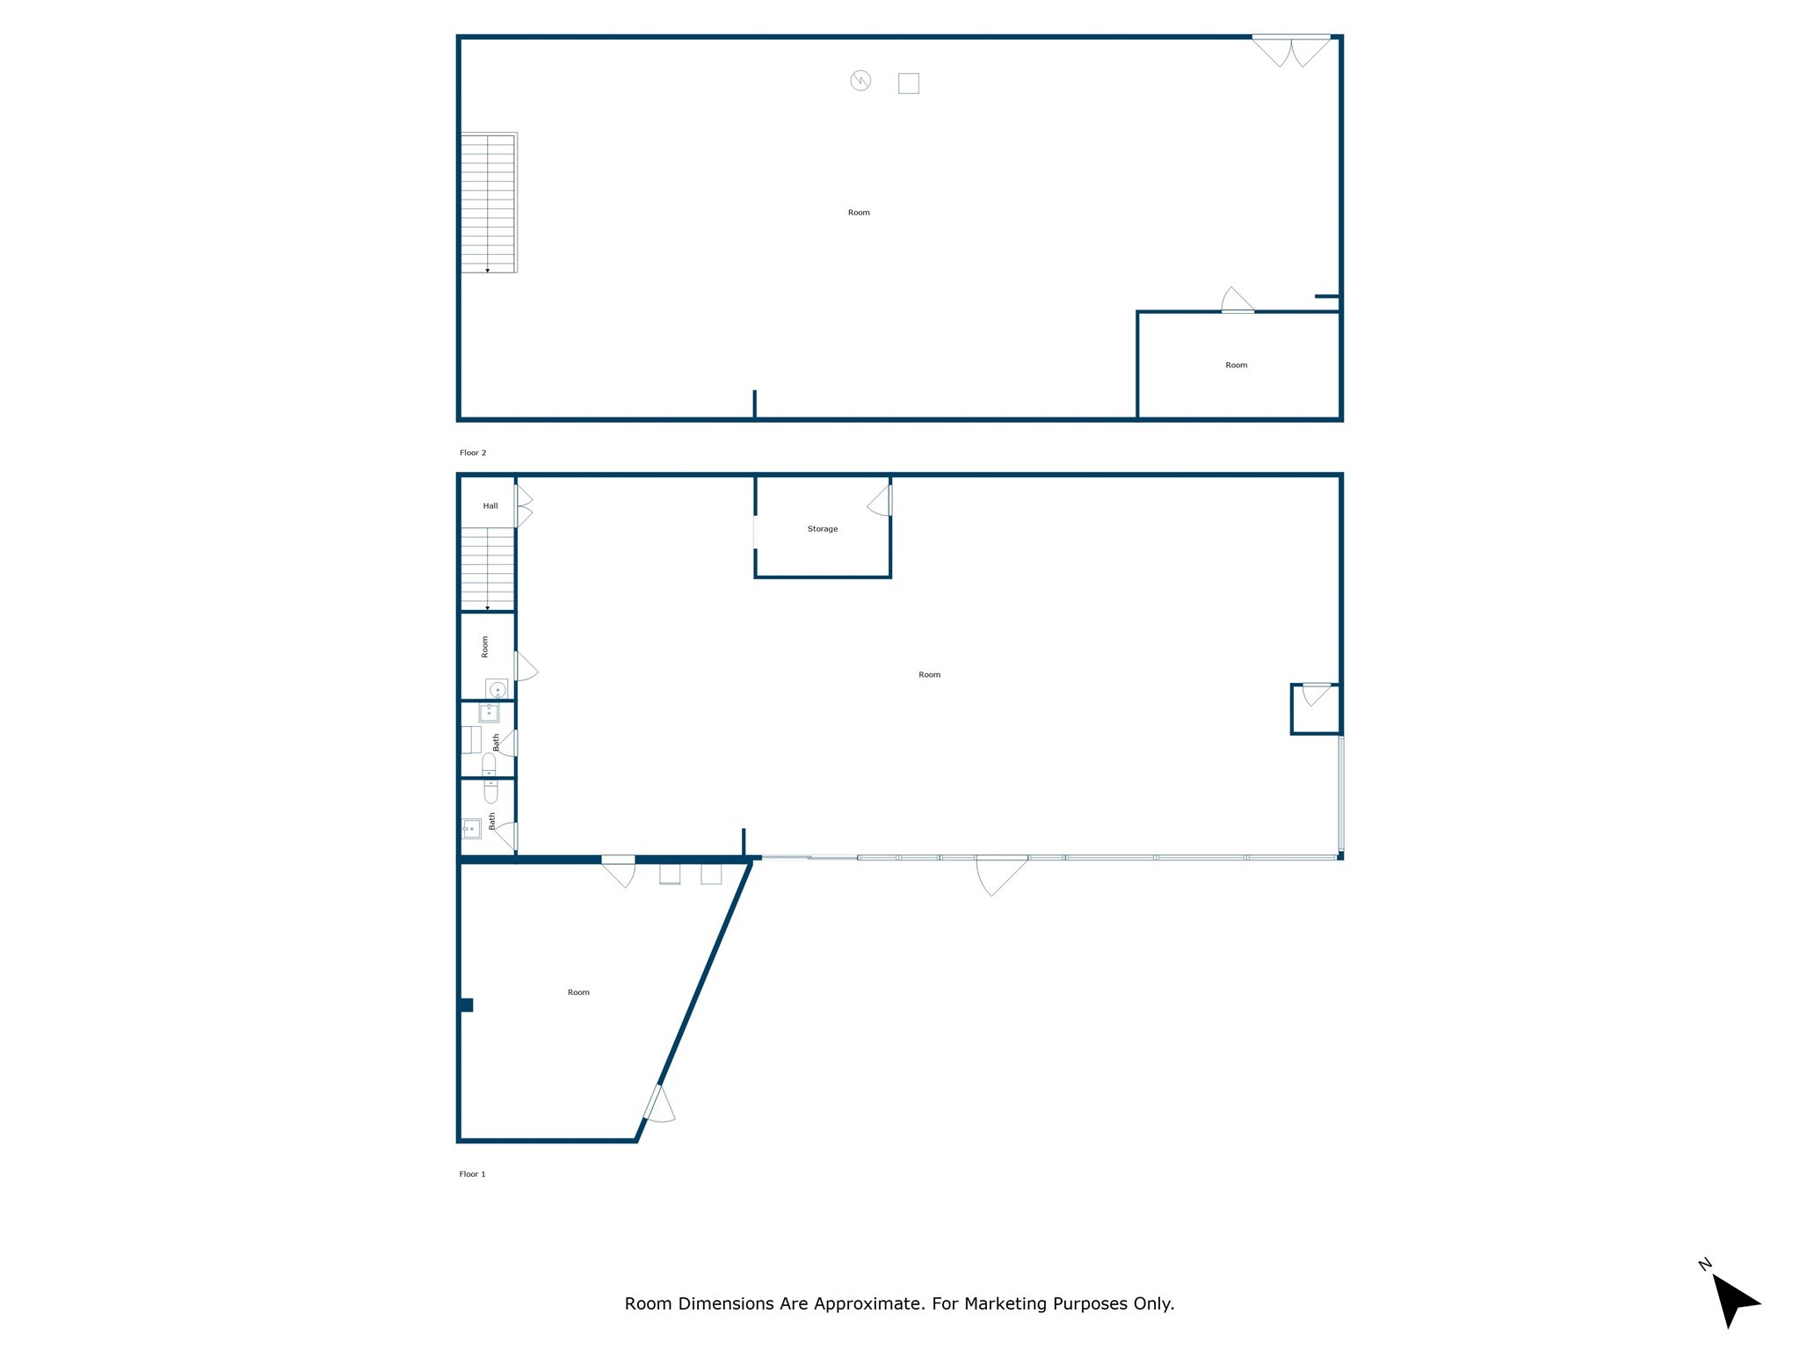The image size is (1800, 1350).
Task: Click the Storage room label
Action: (822, 529)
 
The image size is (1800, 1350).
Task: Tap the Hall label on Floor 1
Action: (490, 505)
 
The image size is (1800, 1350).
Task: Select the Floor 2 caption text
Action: (472, 453)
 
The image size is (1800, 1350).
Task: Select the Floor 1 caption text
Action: (472, 1174)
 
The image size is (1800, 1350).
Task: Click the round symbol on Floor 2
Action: (860, 81)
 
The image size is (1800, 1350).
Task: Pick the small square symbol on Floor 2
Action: (908, 83)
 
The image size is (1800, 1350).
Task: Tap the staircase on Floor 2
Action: (489, 202)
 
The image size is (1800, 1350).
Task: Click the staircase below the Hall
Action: (488, 569)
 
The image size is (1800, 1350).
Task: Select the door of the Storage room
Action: (881, 502)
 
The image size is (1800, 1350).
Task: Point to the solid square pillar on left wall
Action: (466, 1005)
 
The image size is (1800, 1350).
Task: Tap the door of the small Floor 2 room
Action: (1237, 301)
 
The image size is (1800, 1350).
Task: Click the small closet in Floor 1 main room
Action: (1315, 708)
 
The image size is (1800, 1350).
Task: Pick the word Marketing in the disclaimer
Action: (1006, 1303)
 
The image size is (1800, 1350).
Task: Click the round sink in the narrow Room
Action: (497, 689)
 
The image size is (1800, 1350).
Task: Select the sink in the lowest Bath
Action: (471, 828)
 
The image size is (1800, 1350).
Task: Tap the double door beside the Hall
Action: (524, 506)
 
